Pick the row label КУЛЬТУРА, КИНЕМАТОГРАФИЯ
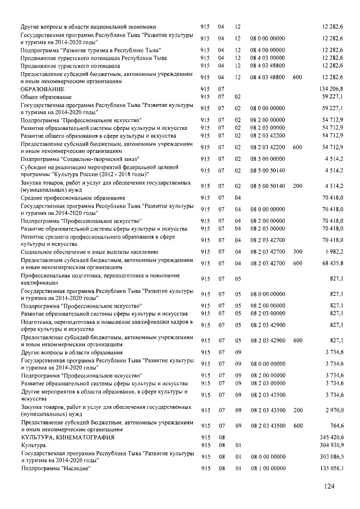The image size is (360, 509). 67,437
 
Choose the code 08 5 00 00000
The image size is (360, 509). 266,159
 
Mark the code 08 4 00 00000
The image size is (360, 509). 266,50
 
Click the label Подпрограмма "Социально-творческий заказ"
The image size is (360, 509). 72,159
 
